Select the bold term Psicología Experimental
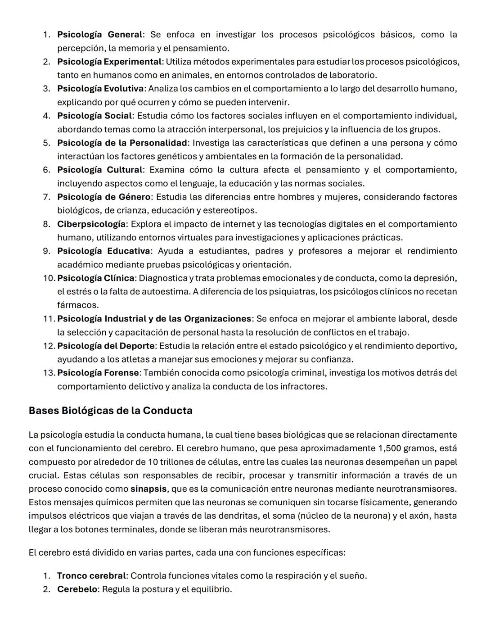click(x=109, y=62)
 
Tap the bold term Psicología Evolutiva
click(x=100, y=89)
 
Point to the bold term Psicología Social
click(x=94, y=116)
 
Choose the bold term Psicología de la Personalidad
click(x=122, y=143)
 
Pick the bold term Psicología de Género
click(x=103, y=197)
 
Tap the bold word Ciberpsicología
click(x=91, y=224)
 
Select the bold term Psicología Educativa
click(x=103, y=251)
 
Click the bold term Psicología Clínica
click(x=96, y=278)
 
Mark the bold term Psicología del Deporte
click(x=106, y=346)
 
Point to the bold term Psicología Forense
click(x=98, y=373)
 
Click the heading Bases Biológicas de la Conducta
click(x=110, y=411)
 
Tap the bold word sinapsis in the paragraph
click(x=148, y=489)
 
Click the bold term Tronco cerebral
click(x=91, y=576)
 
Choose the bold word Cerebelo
click(x=77, y=589)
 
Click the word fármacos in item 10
click(x=78, y=305)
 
